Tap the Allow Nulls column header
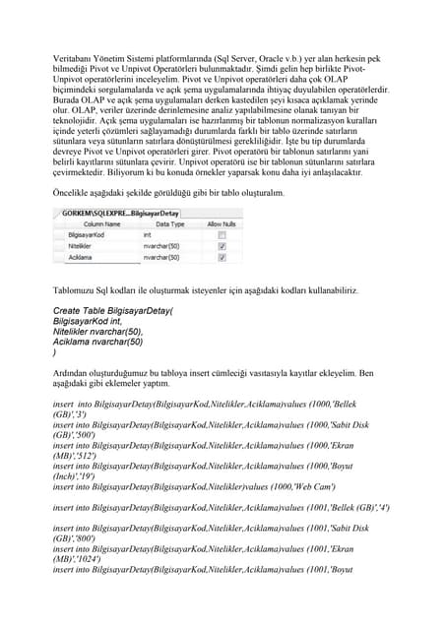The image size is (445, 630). (x=222, y=224)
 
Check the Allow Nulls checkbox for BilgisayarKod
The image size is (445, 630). (x=222, y=236)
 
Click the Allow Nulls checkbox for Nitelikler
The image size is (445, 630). (x=222, y=247)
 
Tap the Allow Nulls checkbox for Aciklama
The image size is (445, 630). (x=222, y=258)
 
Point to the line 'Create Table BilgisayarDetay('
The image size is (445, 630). (x=112, y=311)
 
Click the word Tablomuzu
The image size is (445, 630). (x=75, y=291)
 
